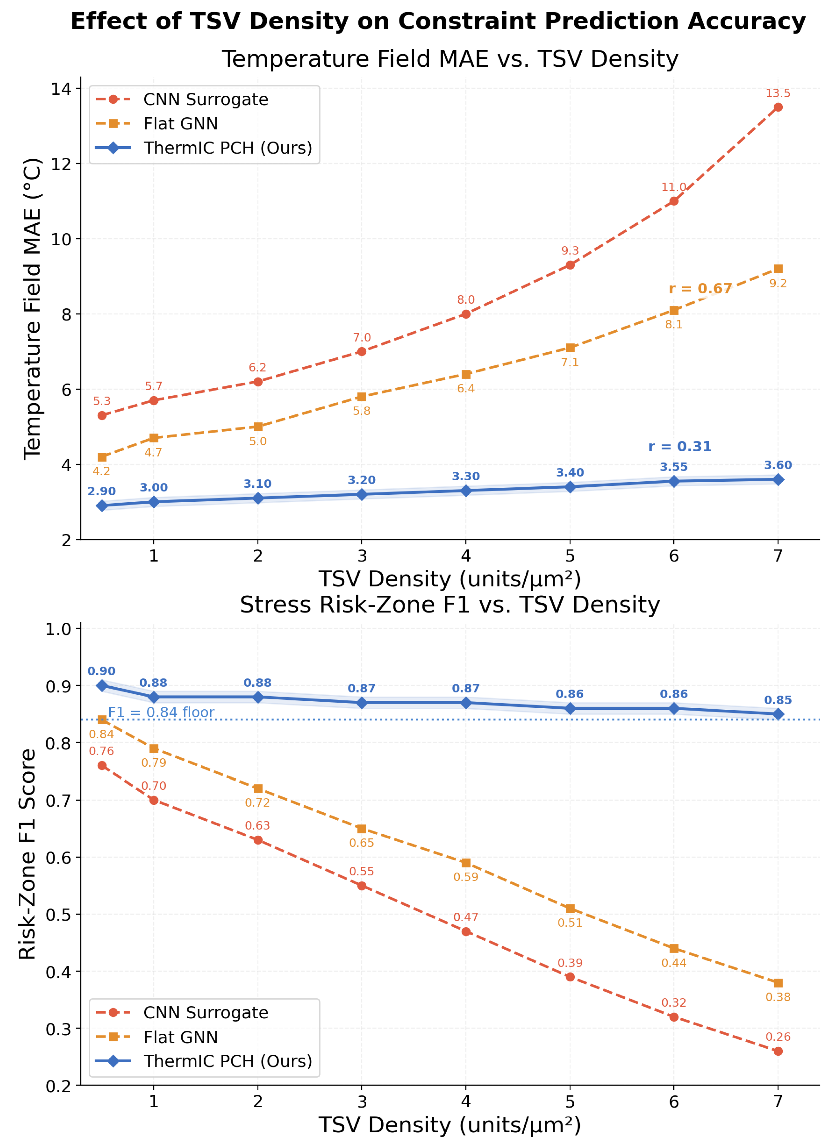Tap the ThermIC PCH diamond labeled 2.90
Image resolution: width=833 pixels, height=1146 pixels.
102,506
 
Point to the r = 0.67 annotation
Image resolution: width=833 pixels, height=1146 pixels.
700,289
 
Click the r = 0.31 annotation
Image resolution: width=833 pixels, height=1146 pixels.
680,447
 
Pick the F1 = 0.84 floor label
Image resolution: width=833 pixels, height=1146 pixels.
161,712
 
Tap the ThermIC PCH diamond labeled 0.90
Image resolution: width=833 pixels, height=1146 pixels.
102,686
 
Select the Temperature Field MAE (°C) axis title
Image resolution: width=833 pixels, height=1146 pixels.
32,309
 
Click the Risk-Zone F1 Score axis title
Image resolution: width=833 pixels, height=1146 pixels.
27,854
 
